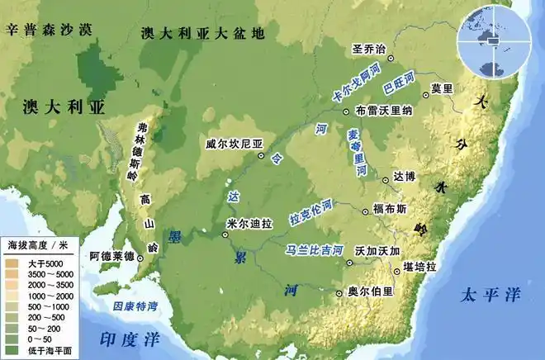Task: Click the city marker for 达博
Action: tap(386, 179)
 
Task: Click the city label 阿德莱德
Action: tap(111, 257)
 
